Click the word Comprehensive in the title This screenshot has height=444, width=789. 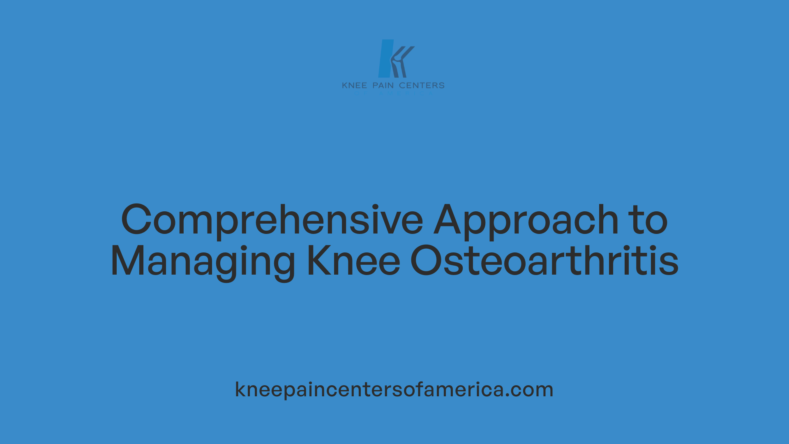272,221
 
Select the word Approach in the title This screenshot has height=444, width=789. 526,221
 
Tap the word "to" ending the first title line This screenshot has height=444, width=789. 650,221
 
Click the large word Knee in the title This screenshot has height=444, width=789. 353,261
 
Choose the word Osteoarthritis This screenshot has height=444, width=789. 544,261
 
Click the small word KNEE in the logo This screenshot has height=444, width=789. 354,86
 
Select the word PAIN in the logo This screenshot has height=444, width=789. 383,86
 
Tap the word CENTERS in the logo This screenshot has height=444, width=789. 422,86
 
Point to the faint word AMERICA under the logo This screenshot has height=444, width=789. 405,94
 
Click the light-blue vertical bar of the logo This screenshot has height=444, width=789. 385,58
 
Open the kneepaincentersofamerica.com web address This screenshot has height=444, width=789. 394,389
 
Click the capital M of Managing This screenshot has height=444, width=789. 127,261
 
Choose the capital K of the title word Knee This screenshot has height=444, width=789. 318,261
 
